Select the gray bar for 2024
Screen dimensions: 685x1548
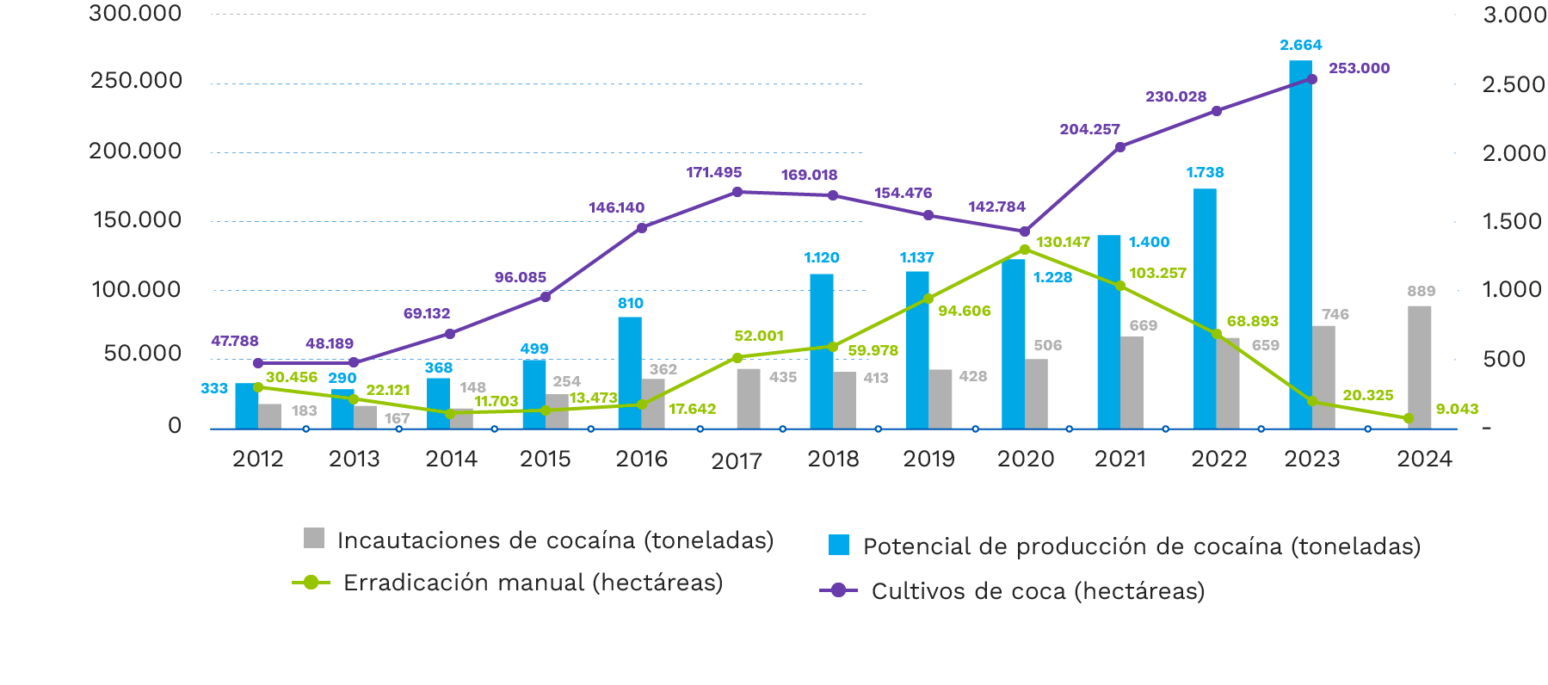pyautogui.click(x=1419, y=367)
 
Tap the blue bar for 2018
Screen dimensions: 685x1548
pyautogui.click(x=821, y=350)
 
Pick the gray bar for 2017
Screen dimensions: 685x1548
pyautogui.click(x=749, y=398)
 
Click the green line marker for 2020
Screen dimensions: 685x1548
pyautogui.click(x=1024, y=250)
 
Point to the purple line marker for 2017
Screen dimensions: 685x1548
pyautogui.click(x=737, y=192)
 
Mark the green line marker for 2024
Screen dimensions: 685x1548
pyautogui.click(x=1408, y=418)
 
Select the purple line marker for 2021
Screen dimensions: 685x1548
pyautogui.click(x=1120, y=147)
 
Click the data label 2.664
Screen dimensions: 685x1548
pyautogui.click(x=1300, y=45)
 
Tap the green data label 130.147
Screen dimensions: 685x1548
pyautogui.click(x=1063, y=243)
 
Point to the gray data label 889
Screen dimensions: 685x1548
pyautogui.click(x=1421, y=292)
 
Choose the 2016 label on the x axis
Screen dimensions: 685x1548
pyautogui.click(x=641, y=459)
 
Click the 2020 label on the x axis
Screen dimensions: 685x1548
pyautogui.click(x=1025, y=459)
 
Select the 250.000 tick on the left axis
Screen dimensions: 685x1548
pyautogui.click(x=136, y=81)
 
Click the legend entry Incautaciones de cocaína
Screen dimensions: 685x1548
pyautogui.click(x=555, y=540)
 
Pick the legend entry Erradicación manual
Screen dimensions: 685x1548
pyautogui.click(x=532, y=583)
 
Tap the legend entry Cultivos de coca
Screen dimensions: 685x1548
pyautogui.click(x=1037, y=591)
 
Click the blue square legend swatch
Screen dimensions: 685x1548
pyautogui.click(x=839, y=546)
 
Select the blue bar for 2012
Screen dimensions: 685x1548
pyautogui.click(x=246, y=405)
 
